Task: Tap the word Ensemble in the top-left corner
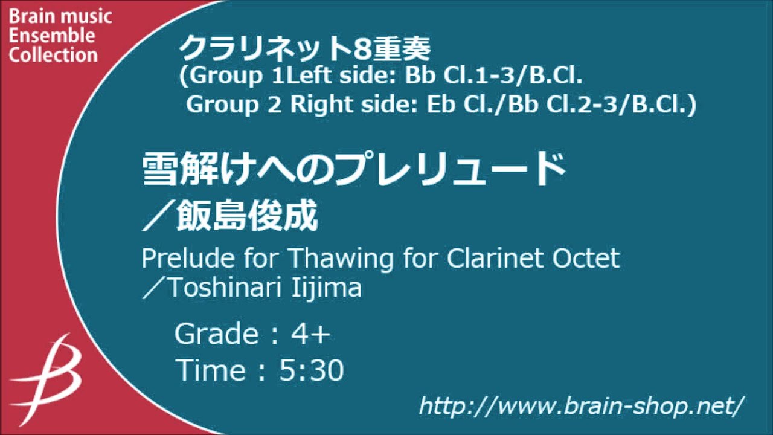(x=52, y=36)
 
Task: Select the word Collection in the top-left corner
(x=53, y=55)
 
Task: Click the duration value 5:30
(x=312, y=370)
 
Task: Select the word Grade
(x=216, y=334)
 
